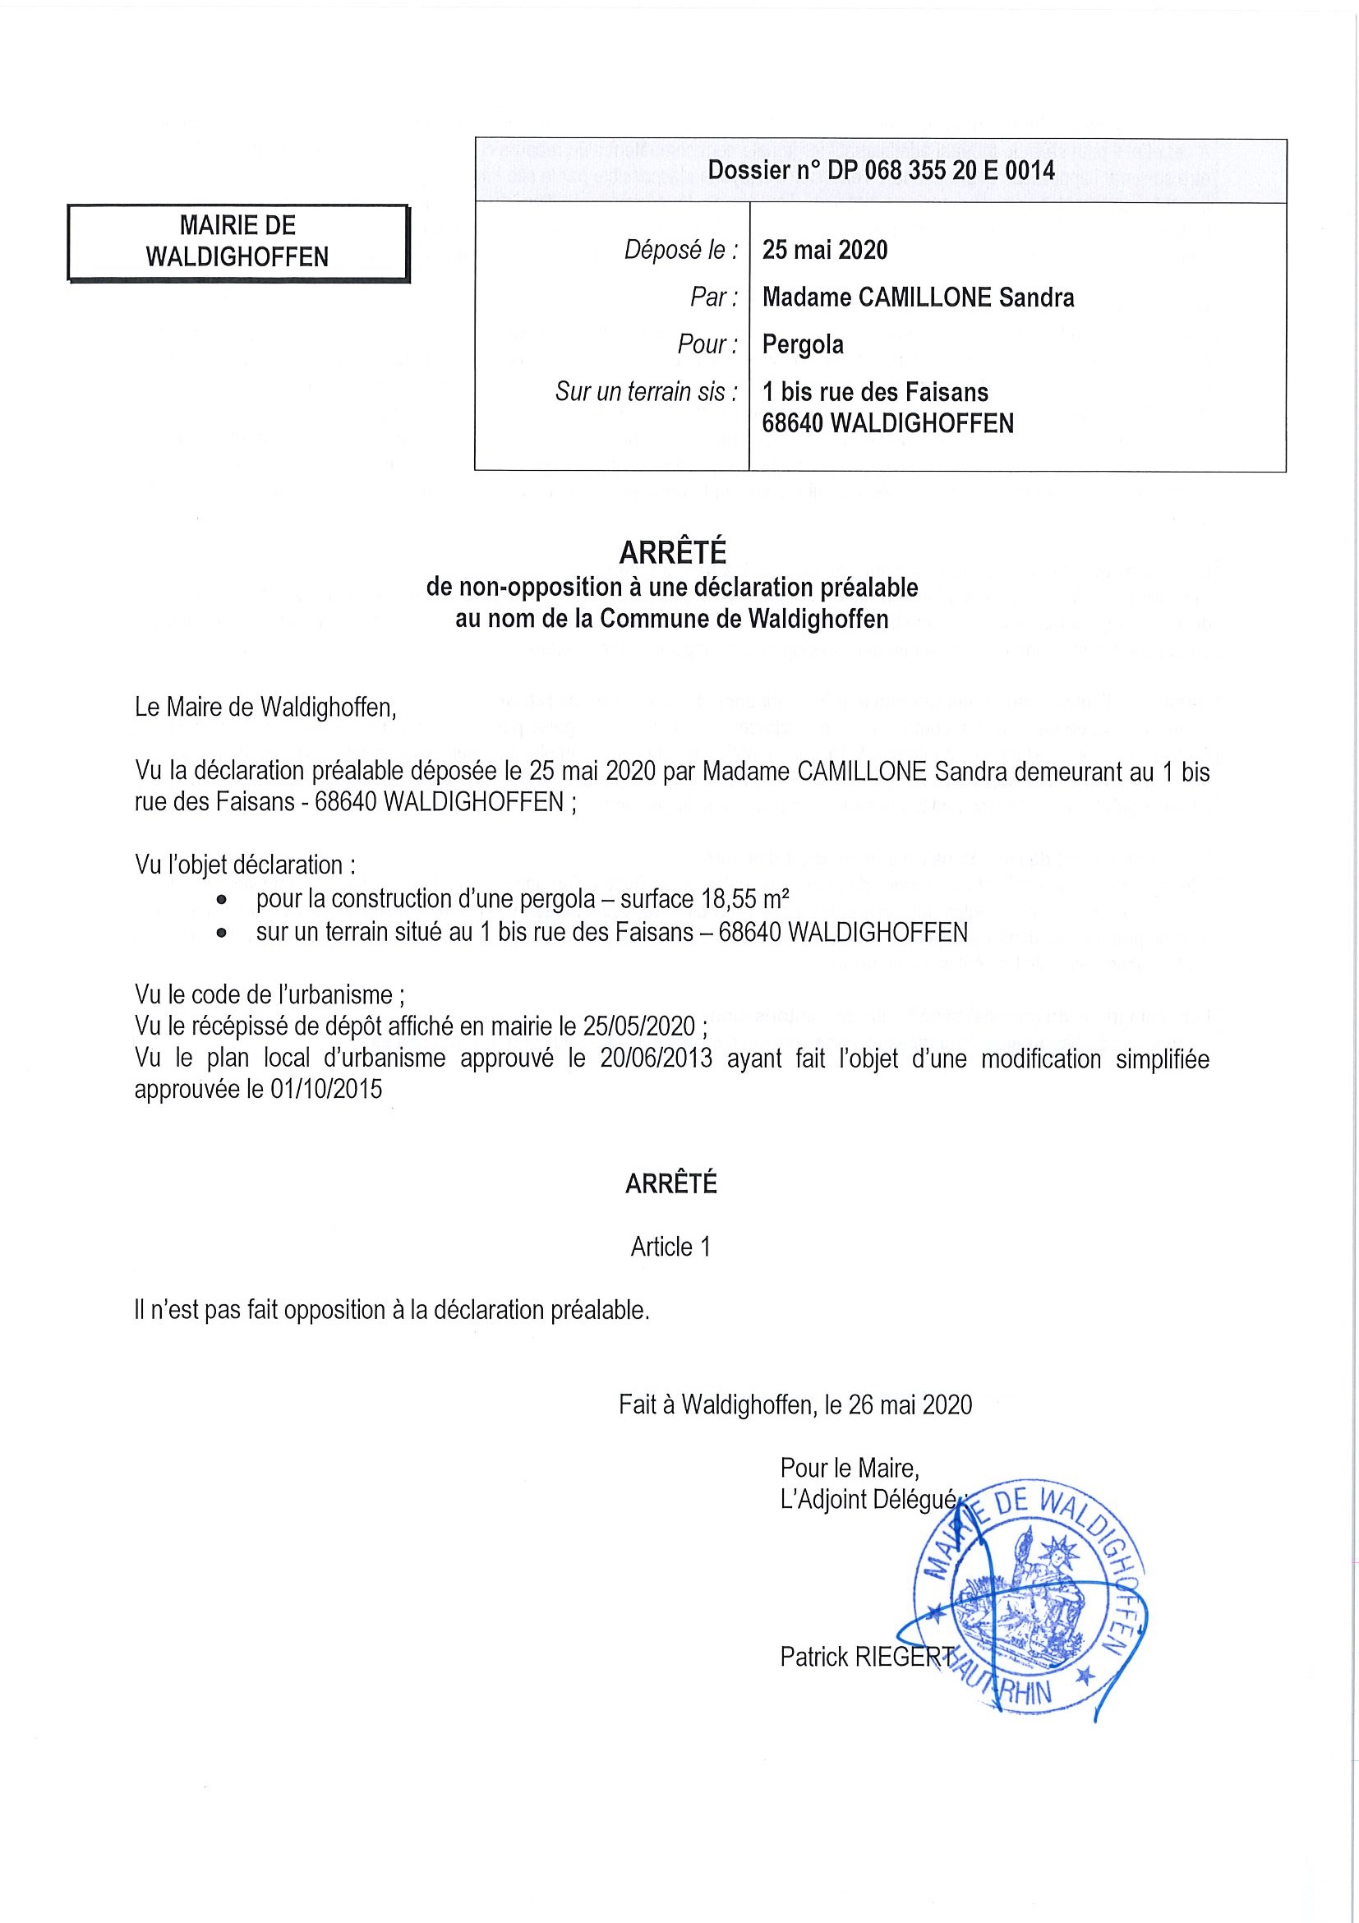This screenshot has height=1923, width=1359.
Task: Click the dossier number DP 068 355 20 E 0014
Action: [x=881, y=171]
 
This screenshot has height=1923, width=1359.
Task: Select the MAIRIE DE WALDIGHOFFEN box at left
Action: [x=237, y=242]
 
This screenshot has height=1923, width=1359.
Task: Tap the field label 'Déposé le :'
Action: [x=682, y=250]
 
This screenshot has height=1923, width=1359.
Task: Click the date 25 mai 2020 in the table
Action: [x=825, y=250]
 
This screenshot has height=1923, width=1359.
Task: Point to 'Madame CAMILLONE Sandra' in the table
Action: [x=918, y=297]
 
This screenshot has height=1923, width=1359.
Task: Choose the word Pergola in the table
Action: [x=802, y=344]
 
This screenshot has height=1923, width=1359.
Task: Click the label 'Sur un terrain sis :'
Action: [x=647, y=391]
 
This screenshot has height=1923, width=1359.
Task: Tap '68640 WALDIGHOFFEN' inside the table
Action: [x=887, y=423]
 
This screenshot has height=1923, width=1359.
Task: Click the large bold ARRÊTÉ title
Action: [x=672, y=553]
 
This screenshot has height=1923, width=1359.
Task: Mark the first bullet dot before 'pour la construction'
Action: [x=221, y=901]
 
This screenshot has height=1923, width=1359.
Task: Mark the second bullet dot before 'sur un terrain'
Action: [x=221, y=933]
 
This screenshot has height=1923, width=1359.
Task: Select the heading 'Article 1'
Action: [x=670, y=1247]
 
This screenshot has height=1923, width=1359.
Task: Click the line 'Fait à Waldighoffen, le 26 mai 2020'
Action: [x=795, y=1404]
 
